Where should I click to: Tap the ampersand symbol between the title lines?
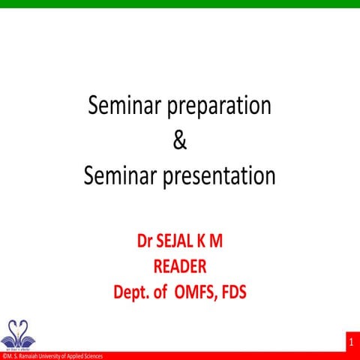click(x=179, y=141)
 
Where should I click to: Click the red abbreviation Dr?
click(x=145, y=243)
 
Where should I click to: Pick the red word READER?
click(x=179, y=266)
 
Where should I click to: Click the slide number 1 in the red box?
click(x=350, y=342)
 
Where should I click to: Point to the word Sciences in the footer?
click(x=94, y=356)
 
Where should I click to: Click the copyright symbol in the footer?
click(x=3, y=356)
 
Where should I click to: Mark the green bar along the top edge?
click(x=180, y=4)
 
